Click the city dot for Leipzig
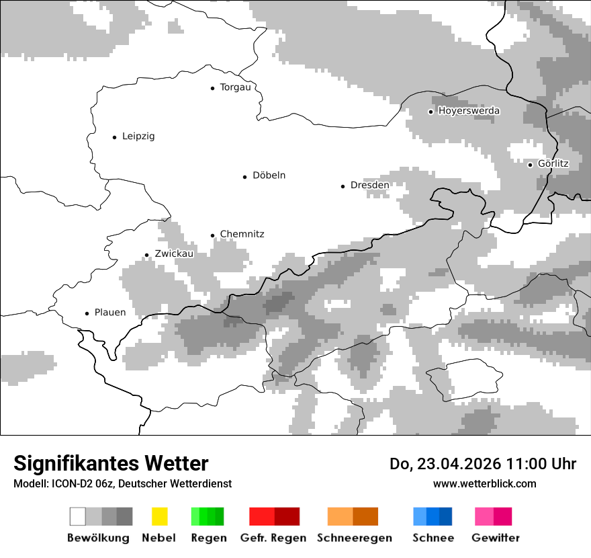pos(114,137)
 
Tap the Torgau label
pos(235,87)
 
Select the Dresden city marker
pos(343,186)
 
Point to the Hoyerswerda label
pos(469,111)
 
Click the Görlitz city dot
pos(530,165)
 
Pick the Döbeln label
pos(269,175)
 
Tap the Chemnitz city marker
pos(212,235)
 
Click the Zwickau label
pos(174,254)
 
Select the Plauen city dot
pos(87,313)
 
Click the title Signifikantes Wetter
pos(111,463)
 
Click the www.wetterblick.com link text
pos(484,483)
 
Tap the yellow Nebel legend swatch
pos(159,516)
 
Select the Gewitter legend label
pos(495,538)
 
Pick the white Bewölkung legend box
pos(78,516)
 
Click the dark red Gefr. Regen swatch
pos(287,516)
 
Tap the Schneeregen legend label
pos(355,538)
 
